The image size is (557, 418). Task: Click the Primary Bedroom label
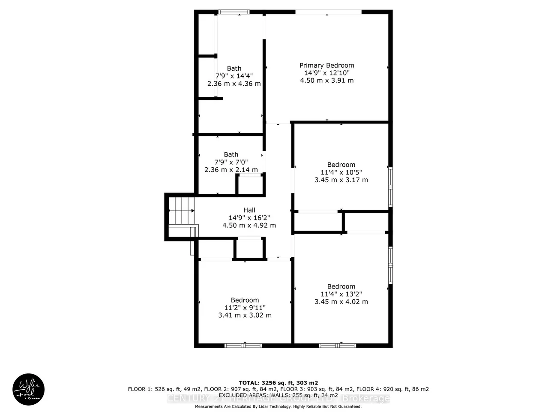point(326,66)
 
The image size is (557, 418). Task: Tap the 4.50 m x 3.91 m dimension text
point(326,81)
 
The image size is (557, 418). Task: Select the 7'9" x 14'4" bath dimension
point(234,76)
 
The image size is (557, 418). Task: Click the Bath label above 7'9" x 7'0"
point(231,155)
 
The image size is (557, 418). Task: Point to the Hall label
point(249,210)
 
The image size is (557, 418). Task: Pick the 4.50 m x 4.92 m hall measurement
point(249,226)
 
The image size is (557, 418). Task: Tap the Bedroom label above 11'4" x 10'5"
point(341,165)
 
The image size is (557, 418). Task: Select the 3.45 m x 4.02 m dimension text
point(341,302)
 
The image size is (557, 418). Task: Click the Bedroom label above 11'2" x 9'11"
point(245,300)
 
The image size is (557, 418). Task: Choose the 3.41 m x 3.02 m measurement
point(245,316)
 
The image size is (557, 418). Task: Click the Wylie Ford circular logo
point(29,389)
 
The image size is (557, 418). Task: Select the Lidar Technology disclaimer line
point(278,406)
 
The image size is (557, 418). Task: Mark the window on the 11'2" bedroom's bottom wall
point(243,345)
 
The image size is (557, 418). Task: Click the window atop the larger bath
point(234,12)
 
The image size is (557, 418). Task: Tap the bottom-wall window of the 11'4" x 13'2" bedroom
point(337,345)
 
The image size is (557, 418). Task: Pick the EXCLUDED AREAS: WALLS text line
point(278,395)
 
